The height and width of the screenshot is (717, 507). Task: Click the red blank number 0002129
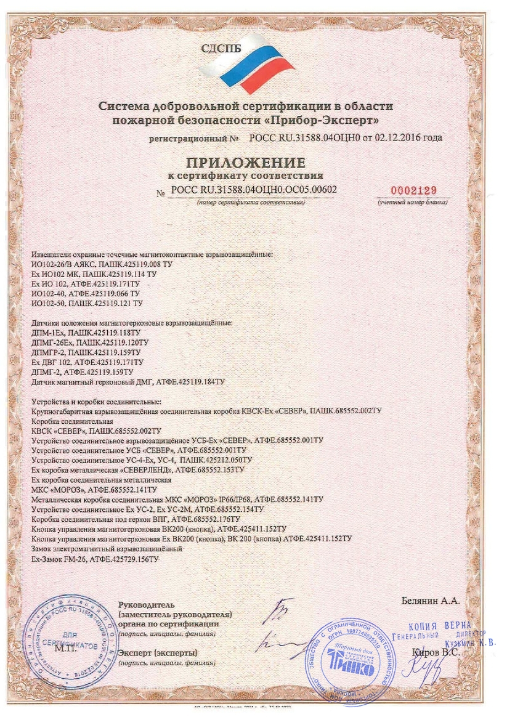tap(413, 190)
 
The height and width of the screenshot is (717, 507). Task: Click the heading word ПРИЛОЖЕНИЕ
tap(246, 163)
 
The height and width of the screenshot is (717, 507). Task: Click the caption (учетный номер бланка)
tap(412, 203)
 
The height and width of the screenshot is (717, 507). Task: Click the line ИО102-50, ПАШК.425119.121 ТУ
tap(86, 304)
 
